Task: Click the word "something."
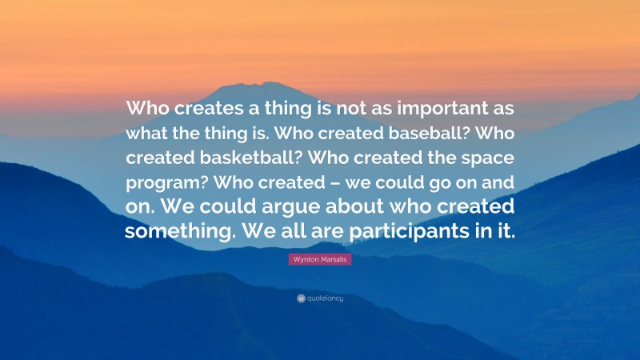(x=181, y=231)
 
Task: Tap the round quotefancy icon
(x=300, y=298)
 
